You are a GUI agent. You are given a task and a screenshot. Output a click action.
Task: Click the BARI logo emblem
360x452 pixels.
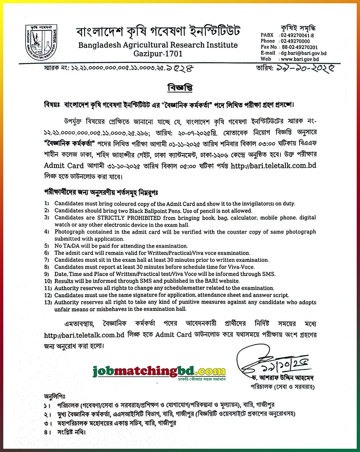coord(41,42)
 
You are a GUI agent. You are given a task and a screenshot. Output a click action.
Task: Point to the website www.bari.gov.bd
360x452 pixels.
coord(300,59)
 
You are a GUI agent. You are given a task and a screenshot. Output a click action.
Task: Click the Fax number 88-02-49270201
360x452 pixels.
coord(299,47)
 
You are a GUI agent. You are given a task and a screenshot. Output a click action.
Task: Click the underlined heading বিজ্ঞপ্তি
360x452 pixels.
coord(180,87)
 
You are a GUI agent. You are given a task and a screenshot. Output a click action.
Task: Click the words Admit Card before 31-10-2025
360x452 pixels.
coord(64,166)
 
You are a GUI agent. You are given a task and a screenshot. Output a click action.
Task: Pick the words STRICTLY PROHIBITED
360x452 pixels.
coord(129,218)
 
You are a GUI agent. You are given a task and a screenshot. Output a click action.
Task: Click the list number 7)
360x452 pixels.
coord(46,260)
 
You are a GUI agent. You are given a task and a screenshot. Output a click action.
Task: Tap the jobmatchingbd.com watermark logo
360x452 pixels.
coord(159,371)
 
